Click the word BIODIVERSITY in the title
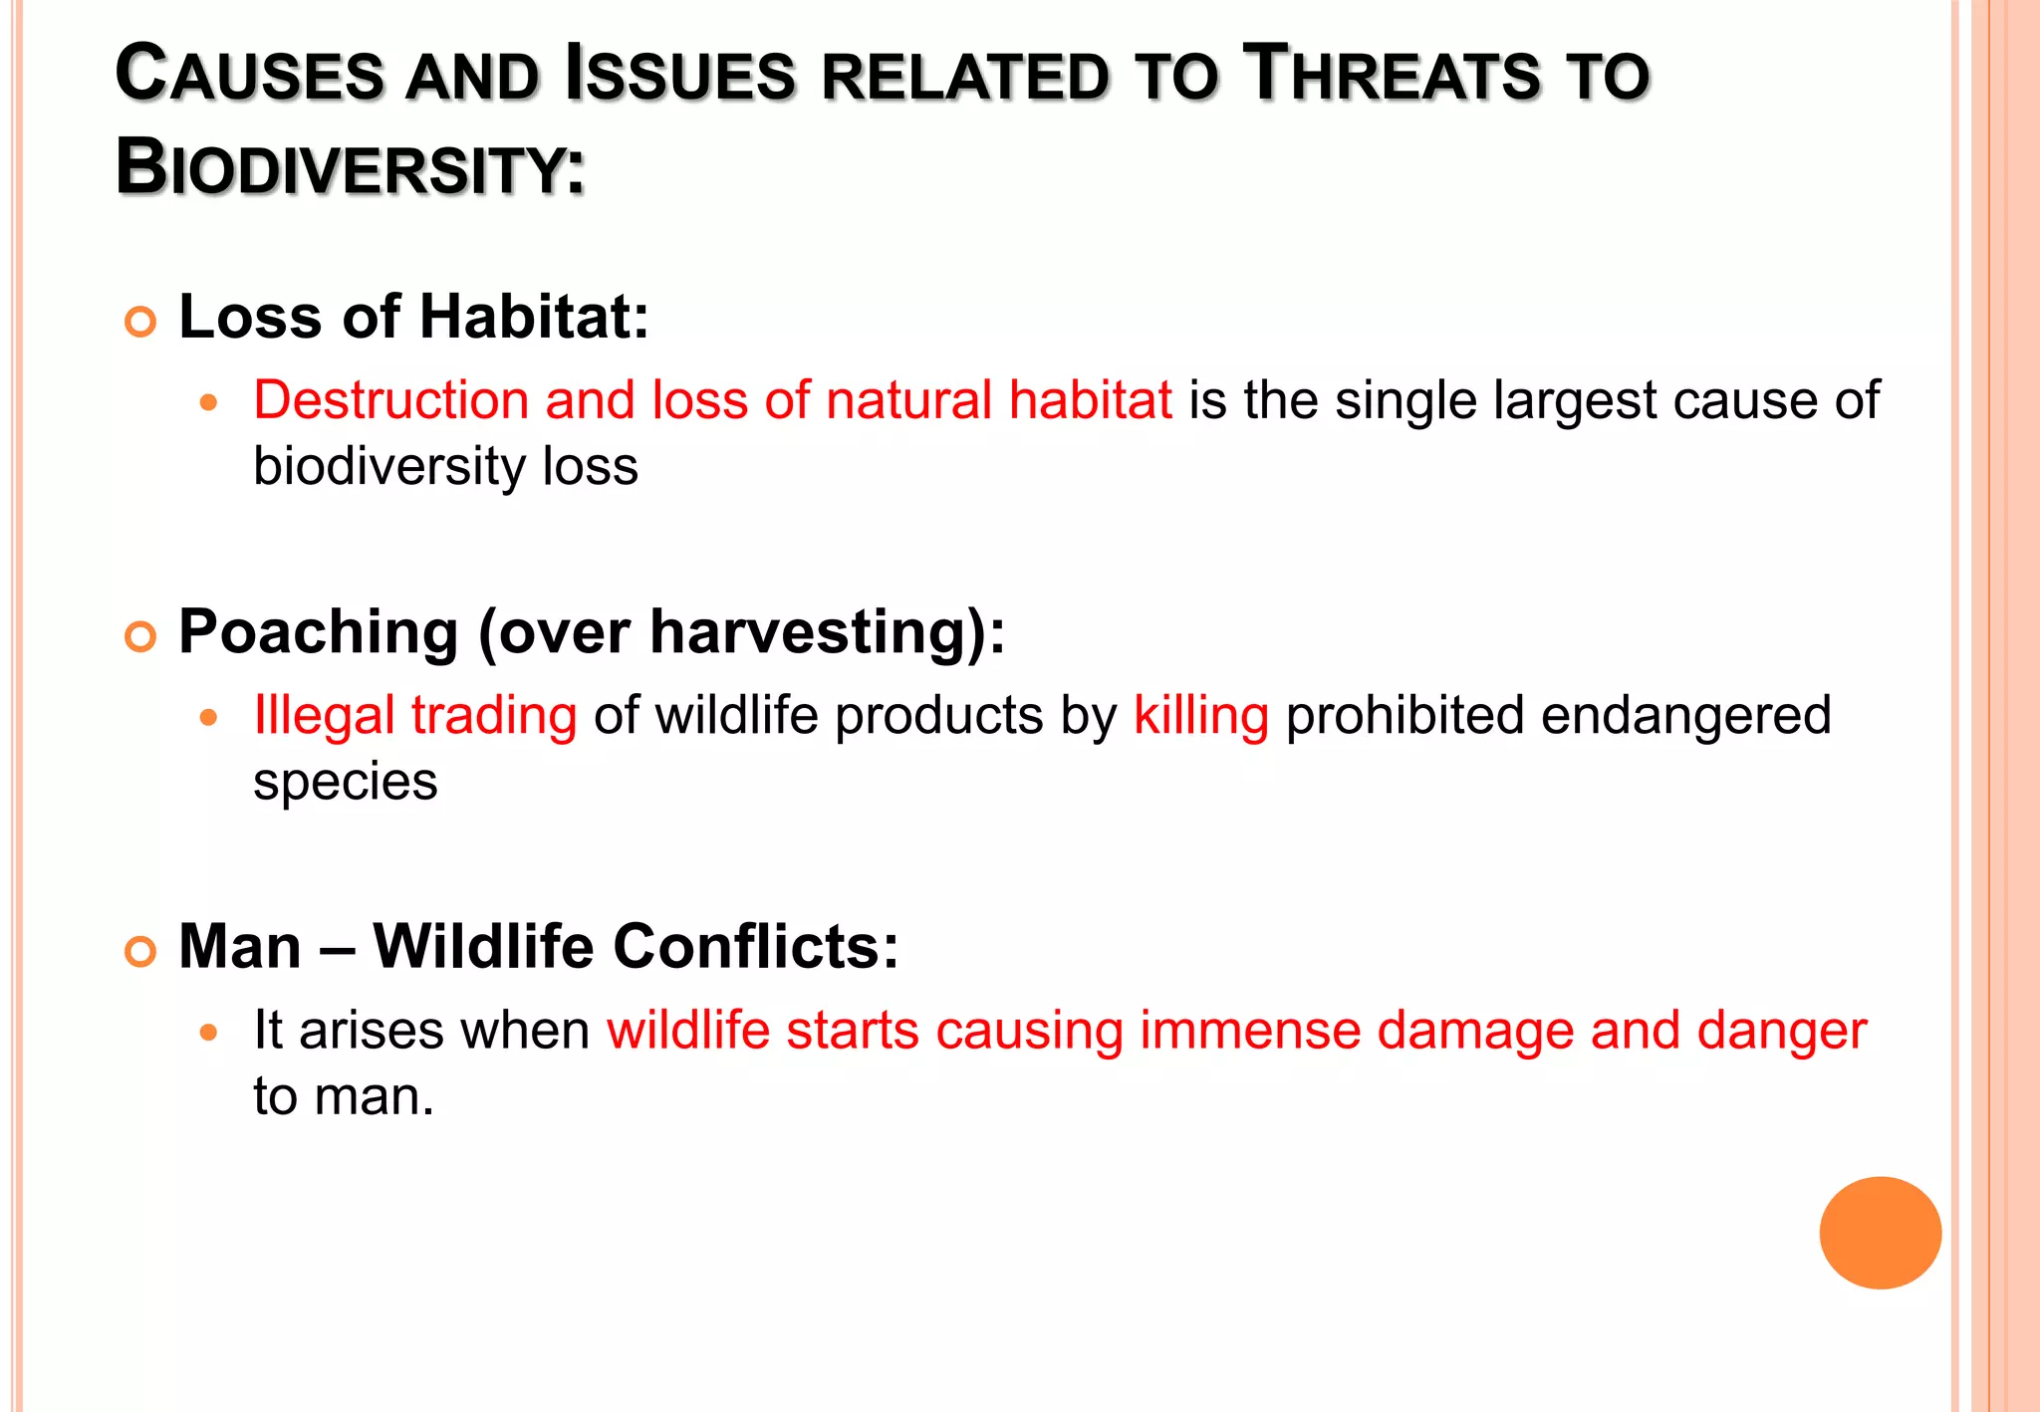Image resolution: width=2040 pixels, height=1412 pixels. click(x=351, y=167)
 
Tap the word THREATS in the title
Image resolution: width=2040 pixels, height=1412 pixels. click(x=1396, y=75)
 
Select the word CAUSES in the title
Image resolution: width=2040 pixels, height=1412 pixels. click(x=249, y=75)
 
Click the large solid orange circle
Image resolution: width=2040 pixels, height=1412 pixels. click(x=1880, y=1233)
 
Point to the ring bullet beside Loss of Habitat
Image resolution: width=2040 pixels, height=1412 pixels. click(x=140, y=322)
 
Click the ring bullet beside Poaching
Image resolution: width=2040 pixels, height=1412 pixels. click(x=140, y=636)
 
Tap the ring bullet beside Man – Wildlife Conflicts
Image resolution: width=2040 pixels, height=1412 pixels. click(x=140, y=951)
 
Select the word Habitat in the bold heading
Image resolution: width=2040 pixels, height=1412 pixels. click(x=534, y=318)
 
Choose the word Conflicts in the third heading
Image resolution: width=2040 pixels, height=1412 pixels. click(x=755, y=947)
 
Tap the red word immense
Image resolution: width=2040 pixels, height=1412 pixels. click(x=1249, y=1031)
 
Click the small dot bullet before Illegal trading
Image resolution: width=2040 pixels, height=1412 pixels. click(x=208, y=717)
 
